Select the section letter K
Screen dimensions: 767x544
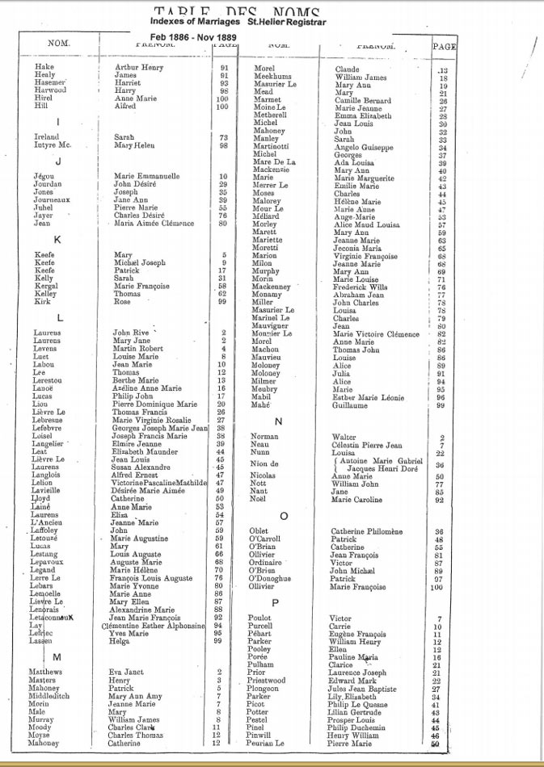(x=57, y=240)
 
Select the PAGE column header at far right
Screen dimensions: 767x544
(x=445, y=47)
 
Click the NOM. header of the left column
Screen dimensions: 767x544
(x=59, y=43)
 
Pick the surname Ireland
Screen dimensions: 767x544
(x=48, y=137)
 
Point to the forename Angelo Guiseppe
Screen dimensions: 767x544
(x=364, y=147)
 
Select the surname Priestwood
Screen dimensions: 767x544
(x=266, y=681)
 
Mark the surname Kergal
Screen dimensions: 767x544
(x=46, y=286)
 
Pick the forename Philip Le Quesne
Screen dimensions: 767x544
(x=364, y=705)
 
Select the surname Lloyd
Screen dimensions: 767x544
(x=41, y=499)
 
